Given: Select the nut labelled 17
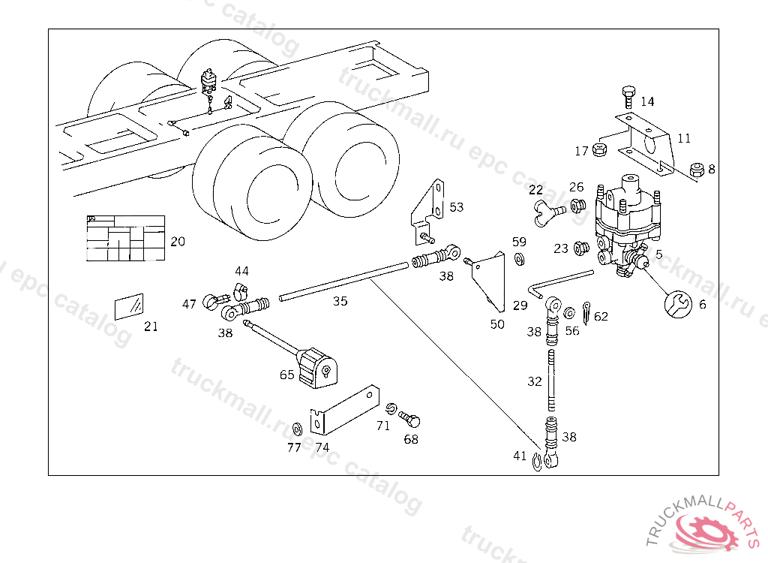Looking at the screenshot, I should pyautogui.click(x=599, y=149).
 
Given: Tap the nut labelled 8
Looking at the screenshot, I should pyautogui.click(x=695, y=170).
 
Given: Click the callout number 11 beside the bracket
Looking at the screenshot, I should pyautogui.click(x=684, y=139).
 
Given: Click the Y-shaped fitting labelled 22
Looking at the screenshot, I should pyautogui.click(x=545, y=212).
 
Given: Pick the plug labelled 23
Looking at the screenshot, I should pyautogui.click(x=580, y=248).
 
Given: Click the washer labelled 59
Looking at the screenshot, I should pyautogui.click(x=519, y=260).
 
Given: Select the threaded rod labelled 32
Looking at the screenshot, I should pyautogui.click(x=553, y=379).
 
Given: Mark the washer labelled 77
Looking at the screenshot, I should pyautogui.click(x=295, y=429).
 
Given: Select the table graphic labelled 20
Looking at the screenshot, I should pyautogui.click(x=125, y=239).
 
